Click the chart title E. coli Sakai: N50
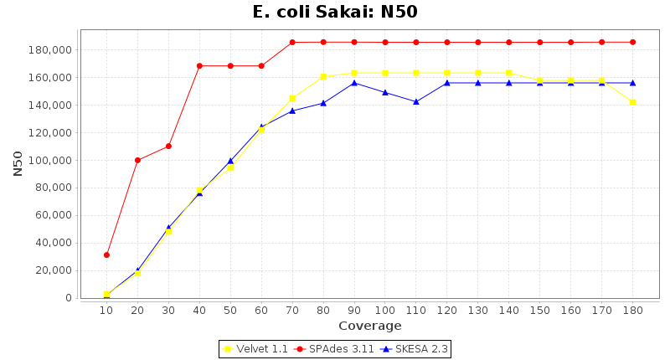(x=335, y=12)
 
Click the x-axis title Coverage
(x=369, y=326)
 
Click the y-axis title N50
(x=18, y=163)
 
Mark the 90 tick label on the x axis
(x=354, y=310)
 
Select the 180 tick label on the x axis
(x=632, y=310)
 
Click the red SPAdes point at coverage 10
(x=106, y=255)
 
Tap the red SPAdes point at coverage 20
(x=137, y=160)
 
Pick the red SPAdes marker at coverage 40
(x=199, y=65)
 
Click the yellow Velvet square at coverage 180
(x=632, y=102)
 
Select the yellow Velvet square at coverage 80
(x=323, y=77)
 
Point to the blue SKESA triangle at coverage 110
(x=416, y=101)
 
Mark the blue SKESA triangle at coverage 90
(x=354, y=83)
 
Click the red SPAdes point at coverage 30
(x=168, y=146)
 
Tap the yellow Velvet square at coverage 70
(x=292, y=98)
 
